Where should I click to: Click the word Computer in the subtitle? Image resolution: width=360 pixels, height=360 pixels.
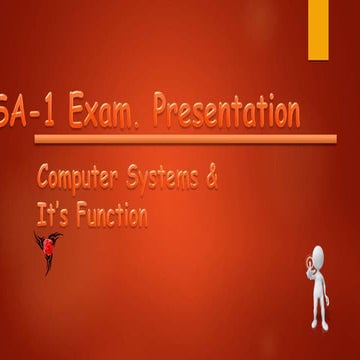click(x=78, y=180)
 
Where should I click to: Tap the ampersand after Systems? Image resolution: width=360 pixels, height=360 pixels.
click(x=210, y=179)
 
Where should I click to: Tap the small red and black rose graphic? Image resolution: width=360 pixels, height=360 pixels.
click(x=47, y=249)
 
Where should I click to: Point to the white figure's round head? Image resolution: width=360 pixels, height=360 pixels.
click(x=318, y=255)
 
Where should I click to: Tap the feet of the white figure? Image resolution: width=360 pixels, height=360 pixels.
click(x=318, y=323)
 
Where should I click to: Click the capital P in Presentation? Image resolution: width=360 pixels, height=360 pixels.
click(x=163, y=111)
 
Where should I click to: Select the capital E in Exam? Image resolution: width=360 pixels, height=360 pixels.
click(x=78, y=112)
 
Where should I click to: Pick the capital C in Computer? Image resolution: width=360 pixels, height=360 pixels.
click(x=45, y=180)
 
